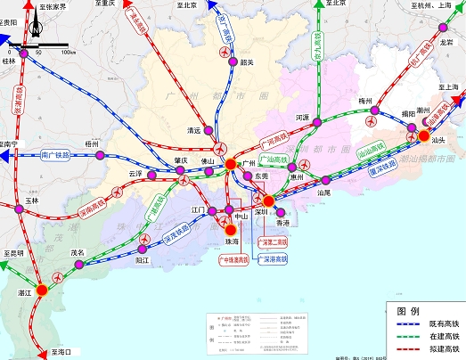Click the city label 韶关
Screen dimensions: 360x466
248,62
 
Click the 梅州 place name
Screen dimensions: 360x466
364,101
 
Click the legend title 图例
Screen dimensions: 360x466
408,311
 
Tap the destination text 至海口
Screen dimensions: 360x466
67,352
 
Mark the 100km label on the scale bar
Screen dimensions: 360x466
67,53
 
